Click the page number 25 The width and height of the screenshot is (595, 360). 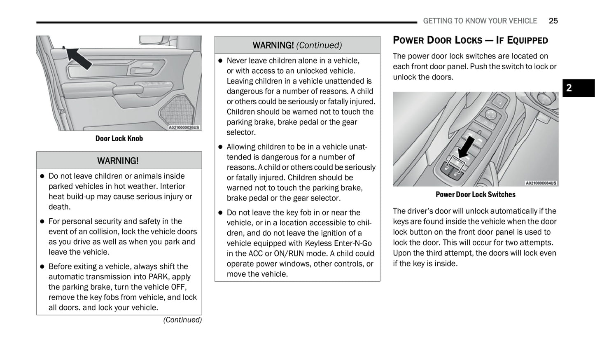click(553, 21)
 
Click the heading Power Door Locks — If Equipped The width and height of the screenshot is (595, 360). click(470, 40)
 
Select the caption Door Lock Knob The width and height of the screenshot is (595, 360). click(119, 138)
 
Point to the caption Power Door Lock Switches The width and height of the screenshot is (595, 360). click(475, 194)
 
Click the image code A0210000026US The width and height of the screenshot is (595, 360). click(184, 127)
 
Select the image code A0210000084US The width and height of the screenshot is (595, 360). click(541, 183)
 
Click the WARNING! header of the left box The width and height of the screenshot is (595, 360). click(118, 161)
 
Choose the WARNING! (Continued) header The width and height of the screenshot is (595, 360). click(297, 45)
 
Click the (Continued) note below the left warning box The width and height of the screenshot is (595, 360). click(182, 320)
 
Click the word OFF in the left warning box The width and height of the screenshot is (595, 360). click(178, 287)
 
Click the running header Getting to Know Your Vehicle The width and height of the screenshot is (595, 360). click(480, 21)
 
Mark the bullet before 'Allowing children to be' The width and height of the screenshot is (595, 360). click(220, 147)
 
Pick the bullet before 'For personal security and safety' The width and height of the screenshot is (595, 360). click(42, 222)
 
